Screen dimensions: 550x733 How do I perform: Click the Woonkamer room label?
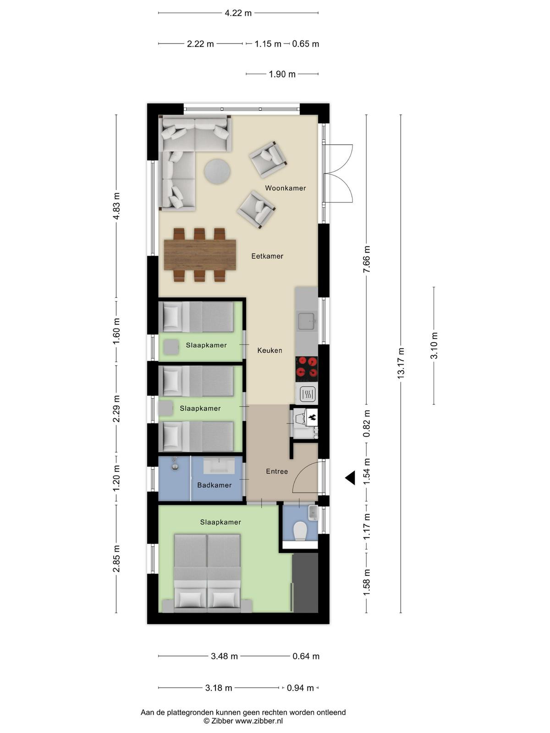(285, 188)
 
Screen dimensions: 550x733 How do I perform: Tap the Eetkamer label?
(267, 256)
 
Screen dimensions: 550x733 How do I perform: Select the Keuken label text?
(269, 350)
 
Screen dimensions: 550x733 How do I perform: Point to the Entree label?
(277, 471)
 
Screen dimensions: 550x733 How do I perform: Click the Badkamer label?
(214, 485)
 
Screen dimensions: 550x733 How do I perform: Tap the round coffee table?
(217, 172)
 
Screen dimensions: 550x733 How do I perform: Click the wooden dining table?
(200, 255)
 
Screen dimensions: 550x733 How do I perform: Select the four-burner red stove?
(307, 369)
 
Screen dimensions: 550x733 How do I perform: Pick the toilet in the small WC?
(300, 531)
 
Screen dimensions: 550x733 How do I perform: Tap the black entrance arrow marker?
(350, 478)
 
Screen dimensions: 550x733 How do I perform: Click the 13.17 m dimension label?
(401, 363)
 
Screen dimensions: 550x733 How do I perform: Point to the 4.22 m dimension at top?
(238, 13)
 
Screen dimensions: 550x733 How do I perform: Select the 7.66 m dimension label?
(367, 259)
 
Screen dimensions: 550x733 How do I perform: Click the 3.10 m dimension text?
(434, 345)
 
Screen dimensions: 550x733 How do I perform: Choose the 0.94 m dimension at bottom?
(300, 688)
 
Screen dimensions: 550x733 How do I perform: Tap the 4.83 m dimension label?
(116, 206)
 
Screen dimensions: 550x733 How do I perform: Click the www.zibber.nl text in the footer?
(259, 721)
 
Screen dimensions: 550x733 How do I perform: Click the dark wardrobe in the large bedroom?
(305, 582)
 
